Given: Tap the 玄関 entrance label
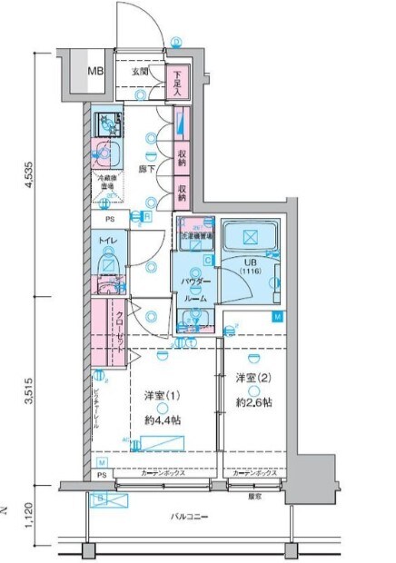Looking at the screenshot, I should point(139,71).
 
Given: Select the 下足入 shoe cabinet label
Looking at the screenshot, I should point(179,82).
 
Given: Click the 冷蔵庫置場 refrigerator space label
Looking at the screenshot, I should point(109,182).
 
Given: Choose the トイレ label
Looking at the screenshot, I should point(105,242).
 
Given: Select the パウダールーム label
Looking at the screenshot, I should point(194,291).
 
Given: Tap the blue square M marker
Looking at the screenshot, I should point(279,316).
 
